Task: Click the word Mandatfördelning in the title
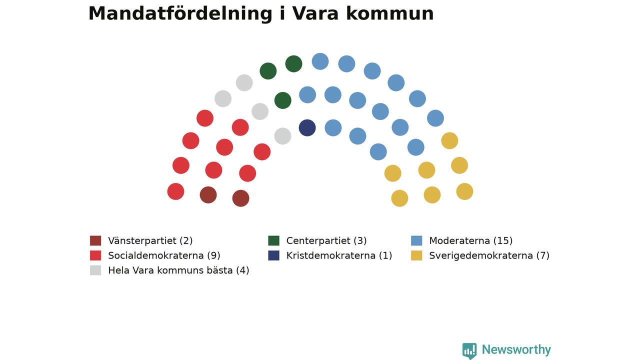180,14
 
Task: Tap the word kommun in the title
389,13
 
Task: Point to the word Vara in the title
315,13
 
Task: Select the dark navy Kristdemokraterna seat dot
307,127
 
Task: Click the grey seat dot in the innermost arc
282,136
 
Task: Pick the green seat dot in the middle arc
282,100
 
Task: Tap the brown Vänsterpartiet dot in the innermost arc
240,198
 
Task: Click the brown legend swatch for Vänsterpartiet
95,240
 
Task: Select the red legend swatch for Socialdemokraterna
95,255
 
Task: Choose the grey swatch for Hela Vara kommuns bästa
95,270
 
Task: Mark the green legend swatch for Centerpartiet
273,240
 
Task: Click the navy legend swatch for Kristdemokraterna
273,255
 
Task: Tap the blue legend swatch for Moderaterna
416,240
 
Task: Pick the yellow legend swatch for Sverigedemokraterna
416,255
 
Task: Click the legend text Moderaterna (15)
471,241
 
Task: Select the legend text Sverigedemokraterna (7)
489,255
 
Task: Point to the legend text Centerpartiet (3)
326,241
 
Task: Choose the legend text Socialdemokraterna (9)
164,255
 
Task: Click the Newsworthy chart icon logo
469,350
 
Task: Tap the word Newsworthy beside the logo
516,349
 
